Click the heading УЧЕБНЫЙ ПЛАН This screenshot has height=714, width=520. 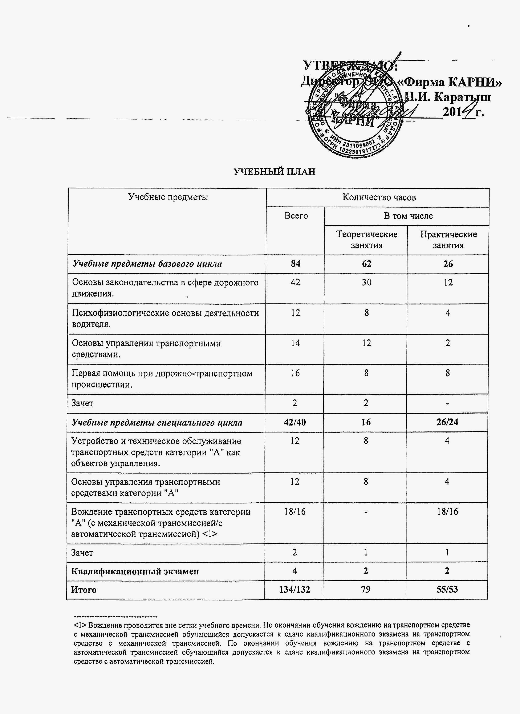pos(274,172)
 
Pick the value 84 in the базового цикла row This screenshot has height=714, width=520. pos(296,264)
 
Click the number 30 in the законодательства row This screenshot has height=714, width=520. pos(366,282)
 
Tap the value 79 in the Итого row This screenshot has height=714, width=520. pos(365,589)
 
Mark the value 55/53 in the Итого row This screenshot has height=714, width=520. pos(447,589)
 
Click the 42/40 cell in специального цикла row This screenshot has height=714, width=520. pos(295,422)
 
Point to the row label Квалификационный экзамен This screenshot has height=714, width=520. pos(135,571)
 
